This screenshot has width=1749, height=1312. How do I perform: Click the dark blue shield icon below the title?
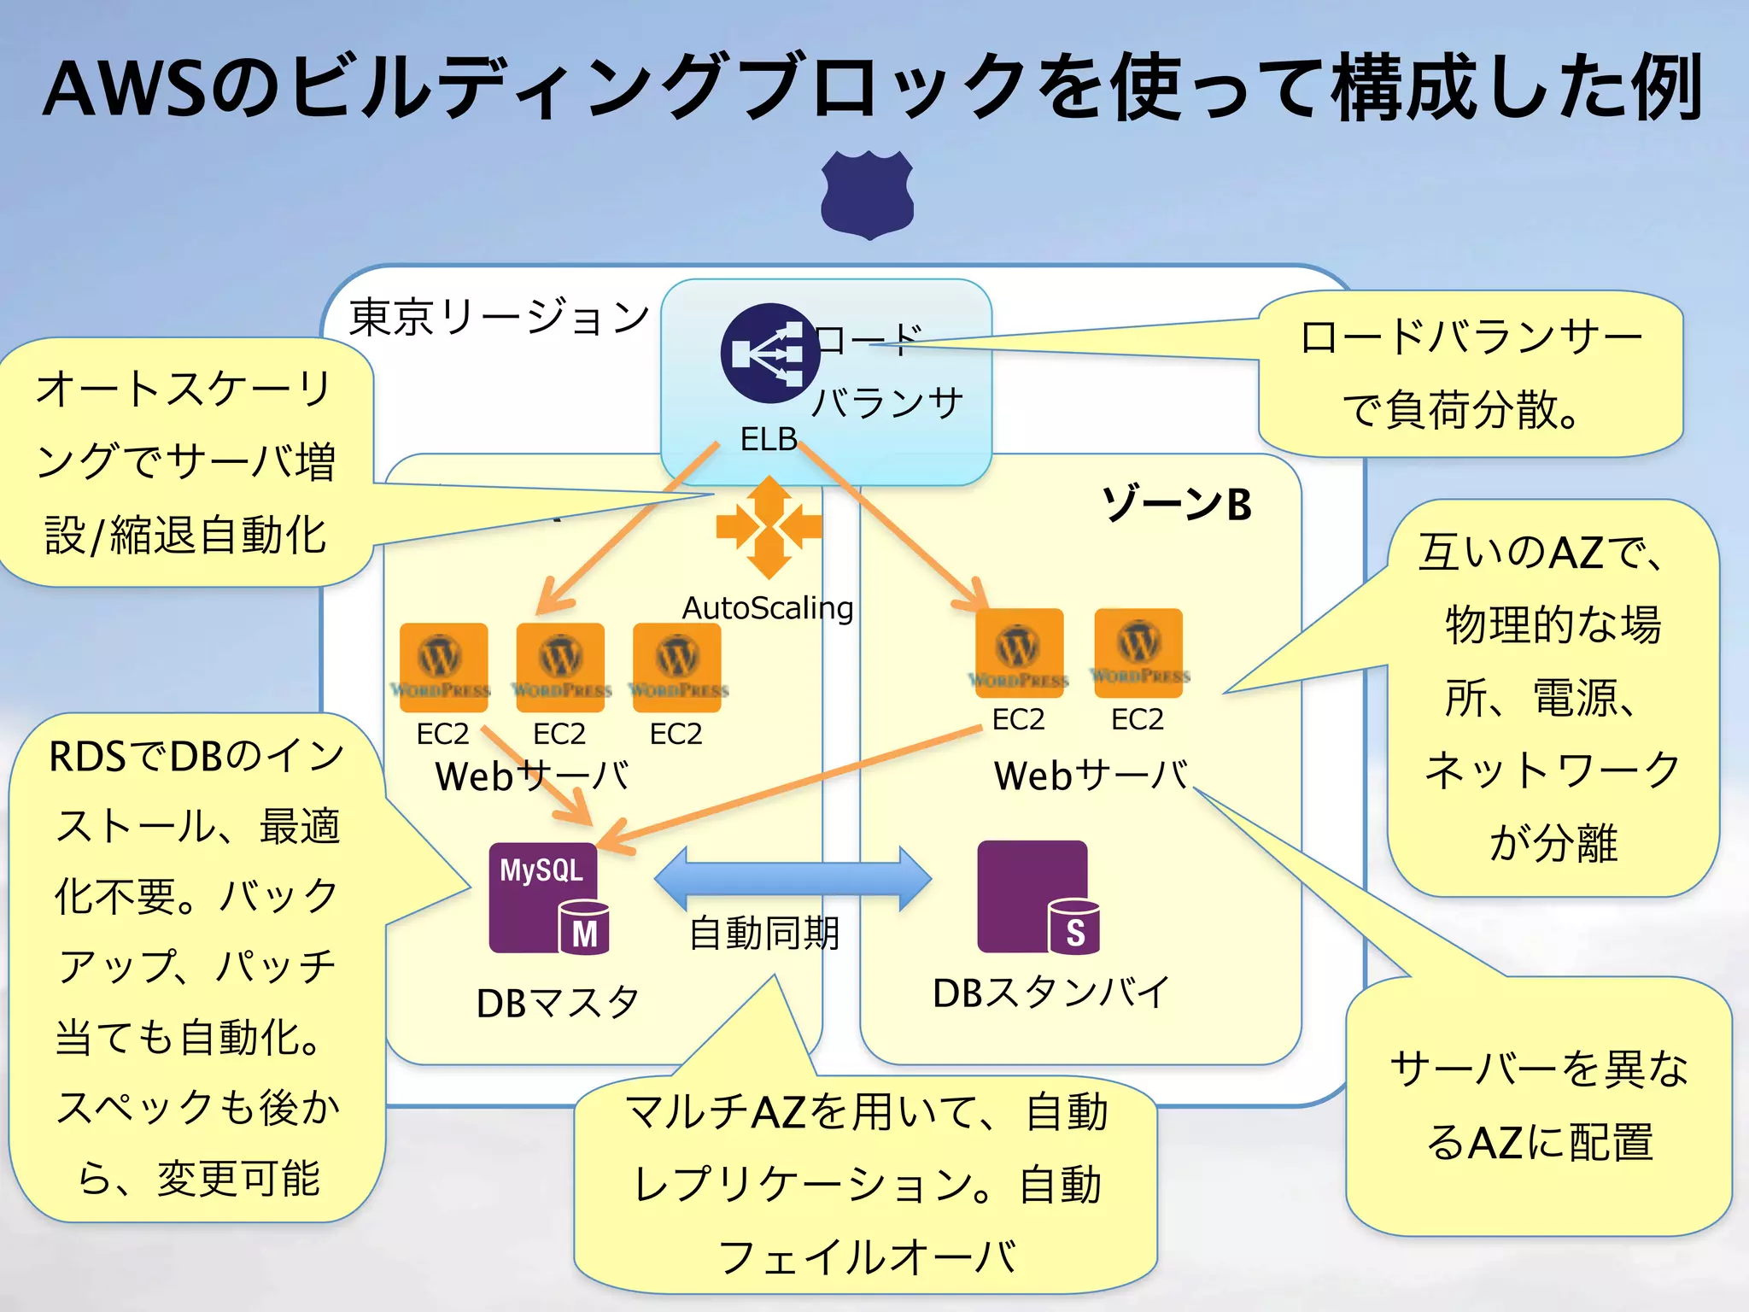868,195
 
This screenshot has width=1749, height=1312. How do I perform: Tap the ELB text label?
768,439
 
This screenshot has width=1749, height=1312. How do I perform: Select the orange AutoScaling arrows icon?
769,527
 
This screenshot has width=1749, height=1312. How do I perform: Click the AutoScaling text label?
768,608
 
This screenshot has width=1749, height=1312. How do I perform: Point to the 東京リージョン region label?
500,318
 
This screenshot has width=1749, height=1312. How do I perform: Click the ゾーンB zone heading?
1177,504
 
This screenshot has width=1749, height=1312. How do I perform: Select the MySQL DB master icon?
547,898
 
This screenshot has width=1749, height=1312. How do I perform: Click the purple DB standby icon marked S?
1037,897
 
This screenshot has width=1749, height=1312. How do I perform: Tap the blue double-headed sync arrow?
793,879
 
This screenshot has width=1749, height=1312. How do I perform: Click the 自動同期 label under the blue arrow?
764,933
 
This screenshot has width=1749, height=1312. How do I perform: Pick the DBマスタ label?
558,1003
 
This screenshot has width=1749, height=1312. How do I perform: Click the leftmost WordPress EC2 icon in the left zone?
443,661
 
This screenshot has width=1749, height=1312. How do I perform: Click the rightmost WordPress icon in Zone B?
1138,647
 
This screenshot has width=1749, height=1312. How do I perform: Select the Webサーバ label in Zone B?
1091,776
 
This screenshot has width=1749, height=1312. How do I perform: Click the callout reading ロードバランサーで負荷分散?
1470,374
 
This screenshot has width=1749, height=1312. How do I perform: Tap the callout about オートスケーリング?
185,461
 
